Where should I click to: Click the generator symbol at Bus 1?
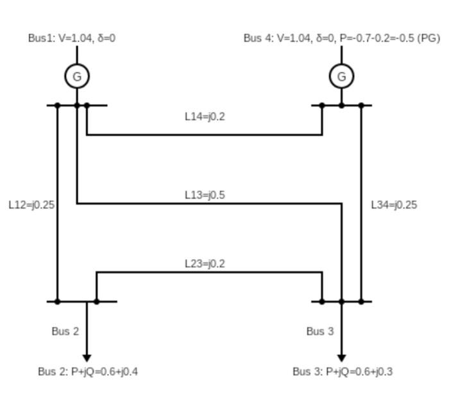click(77, 76)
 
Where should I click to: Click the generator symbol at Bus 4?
click(341, 76)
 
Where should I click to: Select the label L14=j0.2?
click(205, 117)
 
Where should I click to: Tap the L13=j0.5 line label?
click(205, 195)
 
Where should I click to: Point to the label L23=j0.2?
click(205, 264)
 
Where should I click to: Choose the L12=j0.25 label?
click(31, 205)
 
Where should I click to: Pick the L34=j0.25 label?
click(394, 205)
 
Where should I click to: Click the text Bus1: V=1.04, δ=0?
click(72, 38)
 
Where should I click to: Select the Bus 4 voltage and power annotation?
click(341, 38)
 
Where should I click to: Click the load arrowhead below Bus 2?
click(87, 357)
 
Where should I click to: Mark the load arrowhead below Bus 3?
click(341, 357)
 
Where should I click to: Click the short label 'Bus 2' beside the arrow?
click(65, 332)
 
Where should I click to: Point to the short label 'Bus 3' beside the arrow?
click(320, 332)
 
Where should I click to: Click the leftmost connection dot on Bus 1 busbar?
click(58, 105)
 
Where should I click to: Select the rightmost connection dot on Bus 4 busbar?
click(361, 105)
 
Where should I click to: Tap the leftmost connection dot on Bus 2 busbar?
click(58, 301)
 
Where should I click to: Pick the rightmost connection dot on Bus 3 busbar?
click(361, 301)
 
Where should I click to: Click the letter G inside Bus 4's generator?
click(341, 77)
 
